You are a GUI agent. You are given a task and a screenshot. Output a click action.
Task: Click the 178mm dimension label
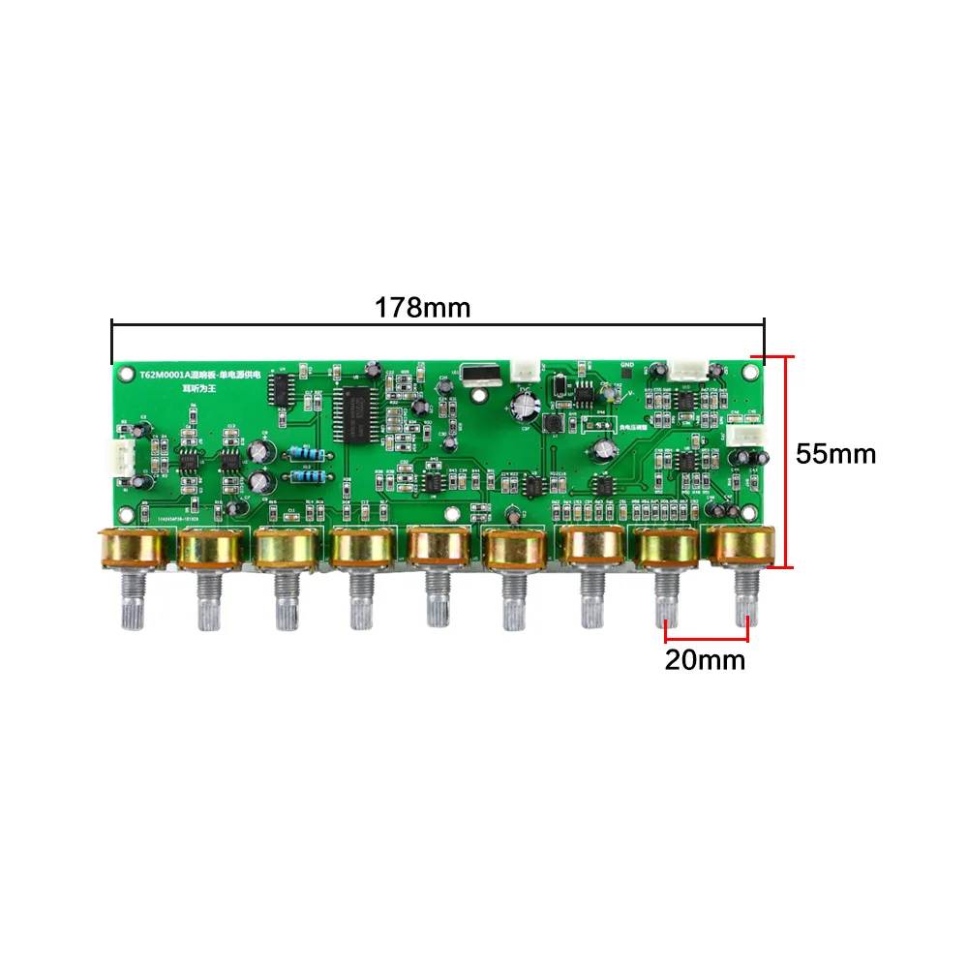point(422,308)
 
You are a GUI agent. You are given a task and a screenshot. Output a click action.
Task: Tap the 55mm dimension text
point(835,453)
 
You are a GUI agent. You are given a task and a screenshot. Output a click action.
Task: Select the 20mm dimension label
point(705,660)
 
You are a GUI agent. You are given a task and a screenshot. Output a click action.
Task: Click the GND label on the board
point(627,366)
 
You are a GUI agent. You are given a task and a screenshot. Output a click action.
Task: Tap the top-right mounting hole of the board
point(749,371)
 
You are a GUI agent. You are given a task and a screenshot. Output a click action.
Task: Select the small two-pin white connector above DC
point(526,370)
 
